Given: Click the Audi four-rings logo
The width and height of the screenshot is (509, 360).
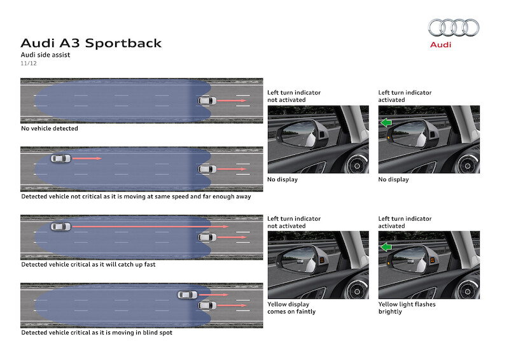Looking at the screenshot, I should [x=453, y=27].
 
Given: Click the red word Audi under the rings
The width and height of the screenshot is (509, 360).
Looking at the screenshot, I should [x=440, y=45].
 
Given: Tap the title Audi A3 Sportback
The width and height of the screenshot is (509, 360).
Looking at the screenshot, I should [x=91, y=43].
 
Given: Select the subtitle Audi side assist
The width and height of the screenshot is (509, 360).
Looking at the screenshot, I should [x=45, y=55].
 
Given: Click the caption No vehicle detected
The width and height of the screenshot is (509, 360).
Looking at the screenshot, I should [x=50, y=128].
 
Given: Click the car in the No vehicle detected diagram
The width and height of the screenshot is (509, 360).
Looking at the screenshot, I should [x=207, y=100].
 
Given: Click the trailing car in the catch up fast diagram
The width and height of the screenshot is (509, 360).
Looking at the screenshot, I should [x=61, y=226].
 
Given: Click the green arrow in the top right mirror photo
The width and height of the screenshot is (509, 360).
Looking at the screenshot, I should [x=386, y=122].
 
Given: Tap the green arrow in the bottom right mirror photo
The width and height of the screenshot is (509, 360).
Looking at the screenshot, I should [x=386, y=247].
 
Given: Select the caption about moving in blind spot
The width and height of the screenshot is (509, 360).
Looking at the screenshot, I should [x=96, y=333].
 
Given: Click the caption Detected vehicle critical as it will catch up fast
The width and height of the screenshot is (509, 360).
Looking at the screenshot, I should [x=88, y=264].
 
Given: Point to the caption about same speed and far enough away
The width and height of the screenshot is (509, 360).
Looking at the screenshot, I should [x=136, y=197].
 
